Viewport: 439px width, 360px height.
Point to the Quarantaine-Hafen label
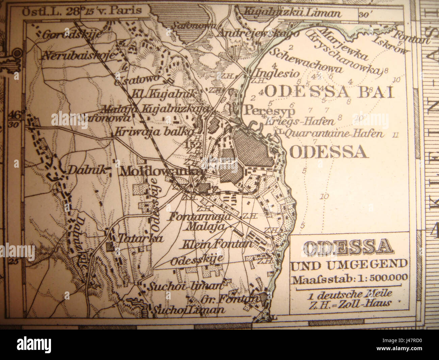click(x=333, y=134)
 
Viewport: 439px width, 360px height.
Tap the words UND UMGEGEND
click(x=349, y=264)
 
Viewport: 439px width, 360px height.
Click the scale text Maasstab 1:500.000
click(x=350, y=279)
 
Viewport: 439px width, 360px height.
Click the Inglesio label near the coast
click(x=278, y=73)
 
